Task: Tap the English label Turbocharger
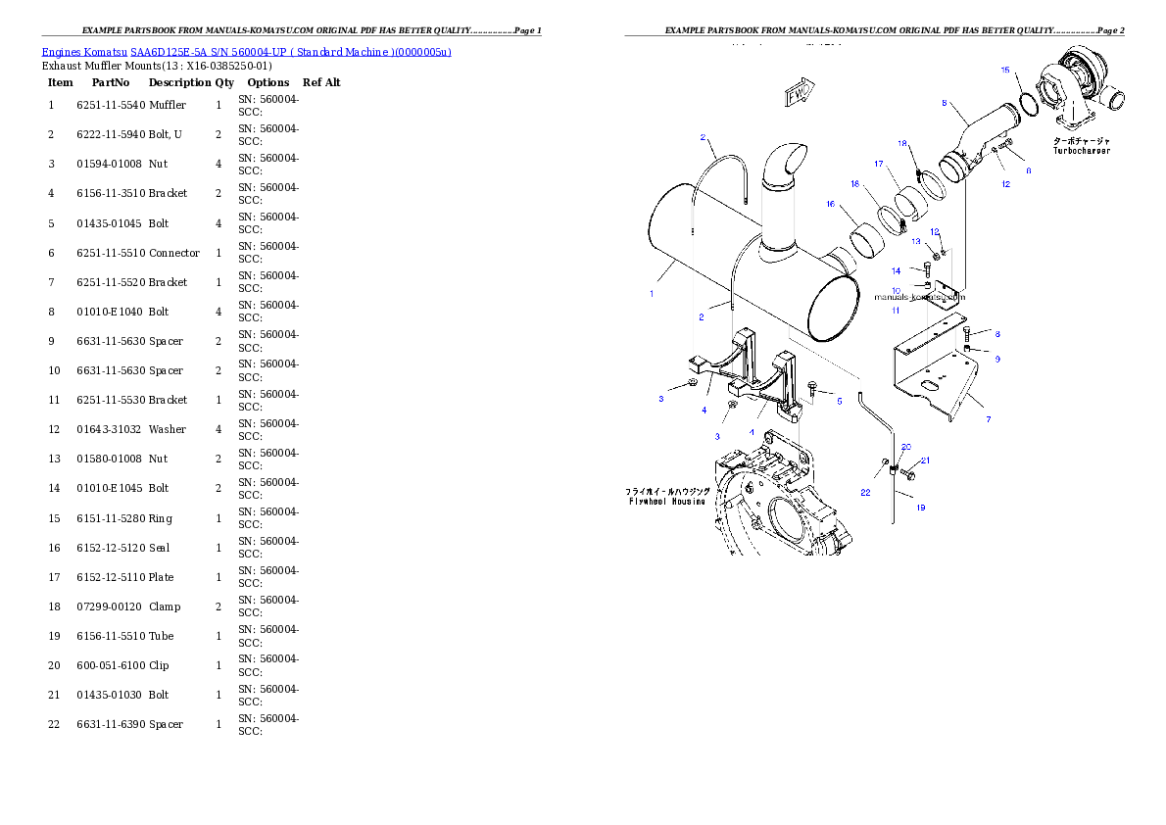click(1082, 151)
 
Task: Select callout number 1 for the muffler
click(653, 293)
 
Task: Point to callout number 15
click(1004, 71)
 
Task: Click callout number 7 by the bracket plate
click(988, 419)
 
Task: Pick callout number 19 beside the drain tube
click(920, 508)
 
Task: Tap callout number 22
click(865, 493)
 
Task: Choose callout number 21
click(924, 460)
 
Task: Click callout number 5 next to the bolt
click(839, 400)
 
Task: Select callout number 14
click(896, 270)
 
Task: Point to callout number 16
click(831, 205)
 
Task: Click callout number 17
click(879, 164)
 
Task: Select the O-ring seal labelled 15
click(1027, 104)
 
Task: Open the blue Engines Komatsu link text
click(246, 52)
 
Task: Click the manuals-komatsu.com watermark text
click(918, 296)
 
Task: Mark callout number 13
click(916, 241)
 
